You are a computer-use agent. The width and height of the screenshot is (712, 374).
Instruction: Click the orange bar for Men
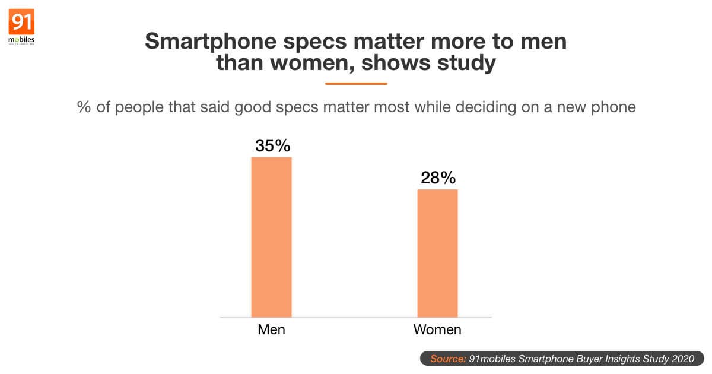coord(271,237)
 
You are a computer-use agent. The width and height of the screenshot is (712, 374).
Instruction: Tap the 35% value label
coord(272,146)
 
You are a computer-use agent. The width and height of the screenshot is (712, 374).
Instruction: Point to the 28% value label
coord(438,178)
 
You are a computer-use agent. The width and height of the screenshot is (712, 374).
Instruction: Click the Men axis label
coord(271,329)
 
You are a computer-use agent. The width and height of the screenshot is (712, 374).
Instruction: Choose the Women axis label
coord(437,329)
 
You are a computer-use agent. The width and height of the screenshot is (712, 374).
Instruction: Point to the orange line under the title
coord(356,84)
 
